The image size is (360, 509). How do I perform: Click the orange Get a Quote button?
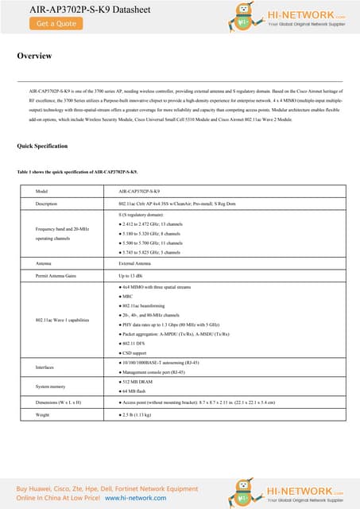tap(56, 23)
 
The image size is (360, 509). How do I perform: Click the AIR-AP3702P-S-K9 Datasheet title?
tap(67, 9)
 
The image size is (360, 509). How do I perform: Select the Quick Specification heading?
tap(42, 146)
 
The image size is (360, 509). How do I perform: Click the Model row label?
tap(43, 192)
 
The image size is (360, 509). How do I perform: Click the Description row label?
tap(49, 204)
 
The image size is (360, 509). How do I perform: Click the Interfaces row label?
tap(47, 367)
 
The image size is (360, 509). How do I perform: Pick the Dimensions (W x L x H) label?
tap(64, 403)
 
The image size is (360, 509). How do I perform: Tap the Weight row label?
tap(44, 414)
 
